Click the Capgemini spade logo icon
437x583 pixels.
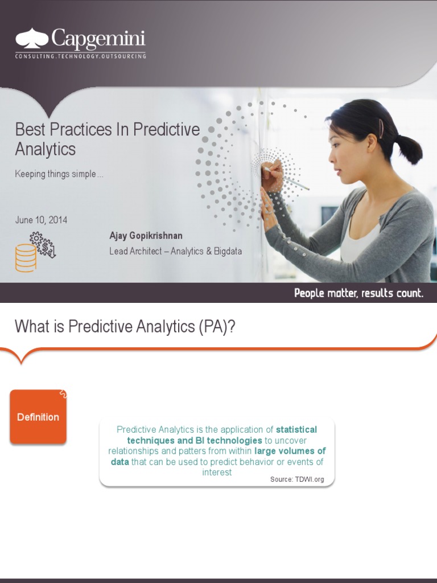(x=32, y=38)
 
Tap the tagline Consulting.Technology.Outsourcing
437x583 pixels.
(x=80, y=56)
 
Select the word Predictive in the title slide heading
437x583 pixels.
(x=167, y=129)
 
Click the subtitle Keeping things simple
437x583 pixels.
(x=59, y=174)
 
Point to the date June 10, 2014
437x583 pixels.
(x=41, y=220)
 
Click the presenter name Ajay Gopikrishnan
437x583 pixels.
(x=146, y=236)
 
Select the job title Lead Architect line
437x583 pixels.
(x=175, y=251)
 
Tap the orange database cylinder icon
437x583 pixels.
(x=26, y=258)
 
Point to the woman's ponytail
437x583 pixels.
(x=408, y=148)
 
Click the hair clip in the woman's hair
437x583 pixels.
(x=381, y=128)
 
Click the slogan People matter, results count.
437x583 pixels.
(x=358, y=293)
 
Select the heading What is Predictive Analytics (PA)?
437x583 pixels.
(x=125, y=326)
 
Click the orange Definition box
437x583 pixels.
(x=38, y=417)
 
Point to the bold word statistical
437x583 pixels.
(x=296, y=429)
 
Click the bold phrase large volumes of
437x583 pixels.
(x=290, y=451)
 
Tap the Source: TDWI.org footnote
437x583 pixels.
(x=297, y=479)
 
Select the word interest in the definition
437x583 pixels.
(x=217, y=472)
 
